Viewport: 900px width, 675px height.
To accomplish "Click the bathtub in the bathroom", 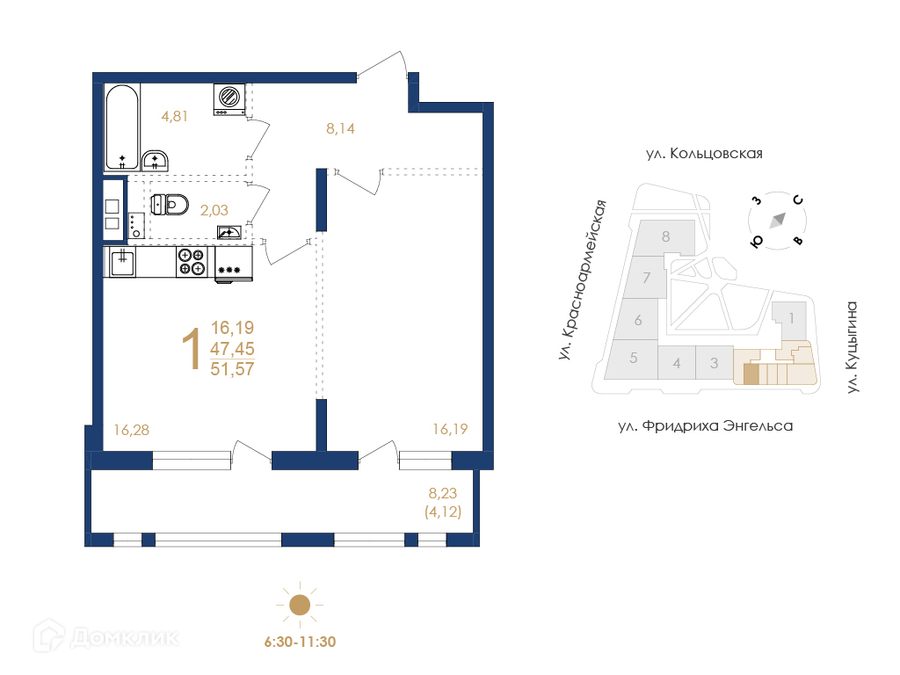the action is pyautogui.click(x=122, y=127).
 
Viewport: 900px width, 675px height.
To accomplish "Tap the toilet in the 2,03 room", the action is pyautogui.click(x=170, y=204).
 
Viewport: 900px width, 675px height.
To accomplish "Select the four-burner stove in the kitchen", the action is pyautogui.click(x=192, y=262).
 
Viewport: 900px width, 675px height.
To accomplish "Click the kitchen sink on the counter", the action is pyautogui.click(x=122, y=262).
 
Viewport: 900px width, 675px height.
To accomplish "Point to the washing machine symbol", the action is pyautogui.click(x=229, y=98).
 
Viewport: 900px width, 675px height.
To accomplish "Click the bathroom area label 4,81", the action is pyautogui.click(x=175, y=116).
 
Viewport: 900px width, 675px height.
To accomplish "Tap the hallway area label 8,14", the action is pyautogui.click(x=340, y=128).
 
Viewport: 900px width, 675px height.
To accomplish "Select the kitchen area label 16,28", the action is pyautogui.click(x=132, y=430).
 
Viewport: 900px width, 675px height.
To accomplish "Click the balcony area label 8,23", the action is pyautogui.click(x=443, y=493).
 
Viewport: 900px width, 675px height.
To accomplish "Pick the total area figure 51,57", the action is pyautogui.click(x=232, y=369).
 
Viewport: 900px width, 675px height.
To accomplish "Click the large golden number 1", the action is pyautogui.click(x=191, y=348).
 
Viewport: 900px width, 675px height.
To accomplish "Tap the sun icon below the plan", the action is pyautogui.click(x=300, y=605).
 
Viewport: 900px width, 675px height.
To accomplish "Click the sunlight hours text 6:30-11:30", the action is pyautogui.click(x=301, y=642).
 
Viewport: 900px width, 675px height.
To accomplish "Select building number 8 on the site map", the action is pyautogui.click(x=666, y=236).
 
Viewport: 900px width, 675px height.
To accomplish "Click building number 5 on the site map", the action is pyautogui.click(x=634, y=358).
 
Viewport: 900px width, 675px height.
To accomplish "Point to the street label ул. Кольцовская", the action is pyautogui.click(x=704, y=153).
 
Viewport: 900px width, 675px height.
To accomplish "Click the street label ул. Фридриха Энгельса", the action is pyautogui.click(x=706, y=426).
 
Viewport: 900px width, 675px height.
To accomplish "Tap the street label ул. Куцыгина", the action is pyautogui.click(x=853, y=348).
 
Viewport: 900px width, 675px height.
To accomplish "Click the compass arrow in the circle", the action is pyautogui.click(x=778, y=221).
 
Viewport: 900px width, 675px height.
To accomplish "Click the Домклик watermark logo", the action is pyautogui.click(x=106, y=636).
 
